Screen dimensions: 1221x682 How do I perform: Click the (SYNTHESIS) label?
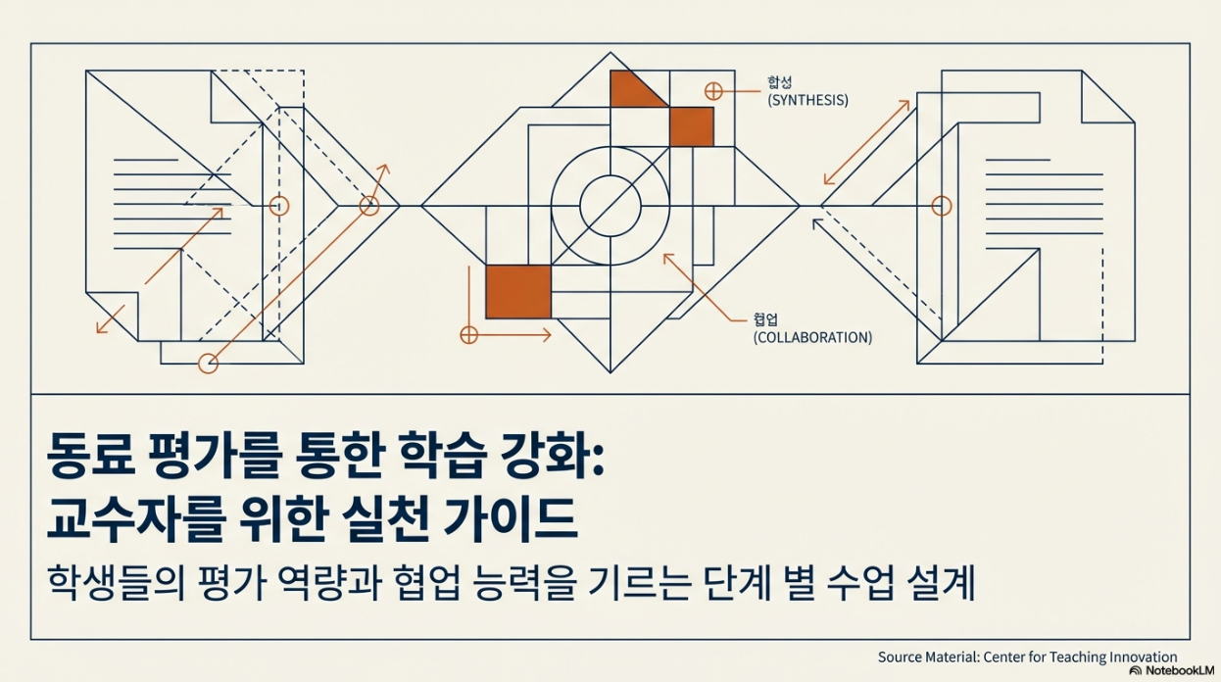(x=808, y=100)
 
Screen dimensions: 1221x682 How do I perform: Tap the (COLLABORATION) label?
(x=812, y=337)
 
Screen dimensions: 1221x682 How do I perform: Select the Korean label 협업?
(x=765, y=319)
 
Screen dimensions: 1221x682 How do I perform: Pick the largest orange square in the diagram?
(x=518, y=291)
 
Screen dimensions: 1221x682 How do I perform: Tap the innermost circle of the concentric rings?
(x=610, y=206)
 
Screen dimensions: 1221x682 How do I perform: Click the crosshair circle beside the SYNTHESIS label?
(x=713, y=91)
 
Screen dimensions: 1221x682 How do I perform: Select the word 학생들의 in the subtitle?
(x=111, y=584)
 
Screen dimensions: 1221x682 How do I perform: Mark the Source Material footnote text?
(x=1027, y=658)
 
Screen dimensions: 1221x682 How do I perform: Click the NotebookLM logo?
(x=1172, y=671)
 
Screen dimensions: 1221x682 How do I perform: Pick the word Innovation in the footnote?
(x=1143, y=658)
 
